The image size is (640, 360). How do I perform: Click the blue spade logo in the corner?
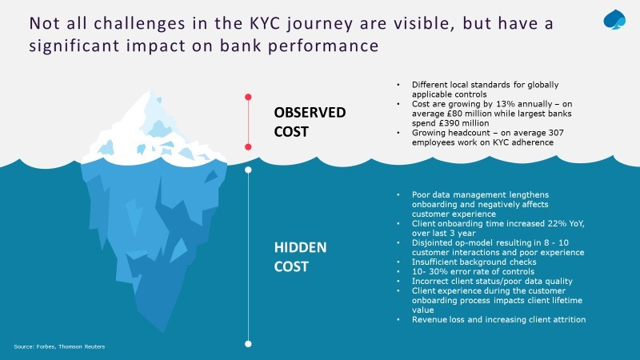pyautogui.click(x=614, y=19)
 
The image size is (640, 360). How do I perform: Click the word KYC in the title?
pyautogui.click(x=265, y=23)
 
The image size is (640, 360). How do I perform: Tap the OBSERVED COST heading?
pyautogui.click(x=310, y=122)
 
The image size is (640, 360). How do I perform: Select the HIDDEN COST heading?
pyautogui.click(x=300, y=257)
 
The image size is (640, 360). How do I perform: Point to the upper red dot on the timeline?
pyautogui.click(x=248, y=97)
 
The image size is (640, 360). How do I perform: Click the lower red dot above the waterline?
pyautogui.click(x=248, y=147)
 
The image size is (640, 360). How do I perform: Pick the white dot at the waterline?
pyautogui.click(x=248, y=170)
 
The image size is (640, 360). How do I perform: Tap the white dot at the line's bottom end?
pyautogui.click(x=248, y=344)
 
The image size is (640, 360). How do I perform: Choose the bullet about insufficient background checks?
pyautogui.click(x=474, y=262)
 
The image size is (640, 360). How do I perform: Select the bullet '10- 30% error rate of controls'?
pyautogui.click(x=473, y=271)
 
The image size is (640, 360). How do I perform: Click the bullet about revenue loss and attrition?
pyautogui.click(x=498, y=319)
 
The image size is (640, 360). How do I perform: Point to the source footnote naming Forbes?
pyautogui.click(x=59, y=346)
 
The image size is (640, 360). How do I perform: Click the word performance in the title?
pyautogui.click(x=323, y=46)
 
